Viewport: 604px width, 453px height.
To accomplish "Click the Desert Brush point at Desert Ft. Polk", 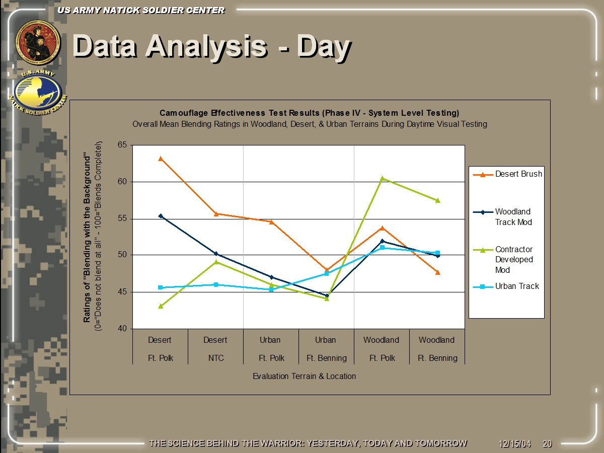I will tap(161, 159).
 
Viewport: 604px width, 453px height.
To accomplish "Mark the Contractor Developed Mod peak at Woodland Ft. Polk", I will tap(383, 178).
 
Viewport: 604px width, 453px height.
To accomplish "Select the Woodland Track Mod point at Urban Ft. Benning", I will tap(327, 295).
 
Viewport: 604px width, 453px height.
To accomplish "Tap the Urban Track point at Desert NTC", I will tap(216, 284).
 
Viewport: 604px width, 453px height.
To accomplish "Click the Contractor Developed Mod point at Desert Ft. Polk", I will tap(161, 306).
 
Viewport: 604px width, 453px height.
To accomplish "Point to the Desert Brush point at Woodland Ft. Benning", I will tap(438, 272).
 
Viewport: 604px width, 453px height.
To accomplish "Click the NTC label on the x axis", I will tap(216, 358).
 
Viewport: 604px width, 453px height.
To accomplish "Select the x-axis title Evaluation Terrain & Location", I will tap(304, 376).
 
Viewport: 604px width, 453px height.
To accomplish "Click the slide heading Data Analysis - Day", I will tap(211, 47).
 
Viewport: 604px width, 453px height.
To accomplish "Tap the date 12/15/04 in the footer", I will tap(515, 444).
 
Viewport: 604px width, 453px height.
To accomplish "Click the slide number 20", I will tap(547, 444).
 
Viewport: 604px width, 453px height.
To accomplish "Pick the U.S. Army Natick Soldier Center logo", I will tap(38, 93).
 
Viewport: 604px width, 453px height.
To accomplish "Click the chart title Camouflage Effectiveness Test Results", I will tap(309, 112).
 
